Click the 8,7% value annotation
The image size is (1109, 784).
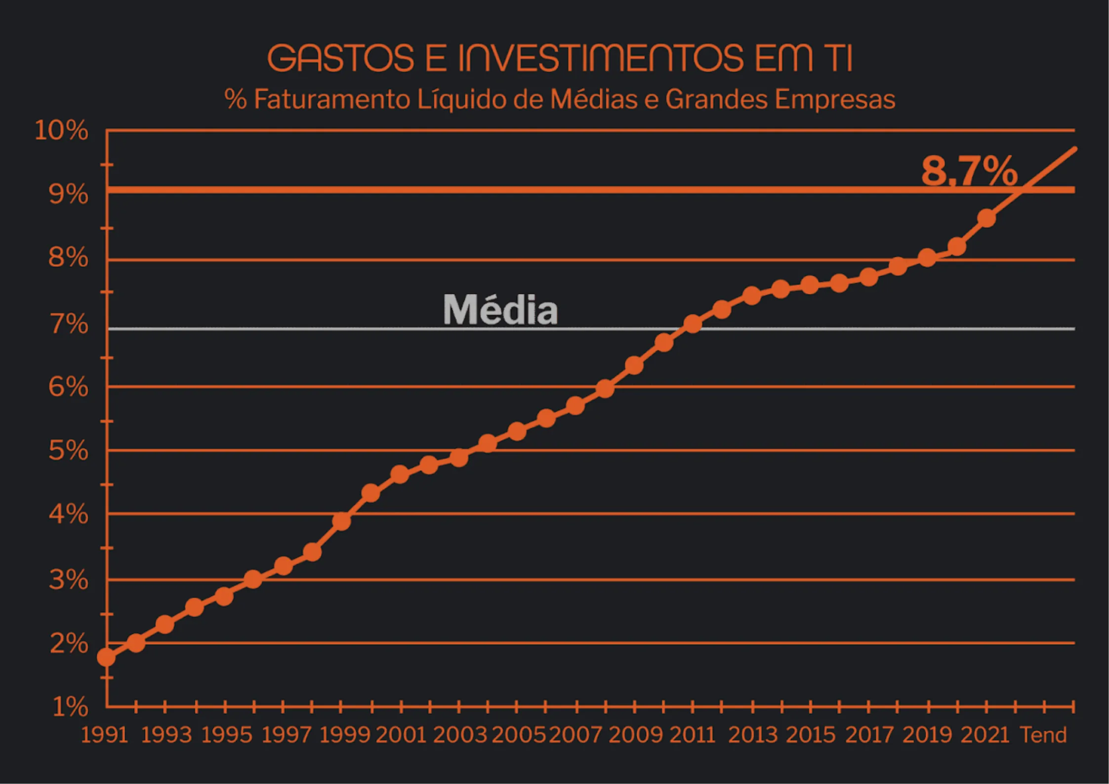969,171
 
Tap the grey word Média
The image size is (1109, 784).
500,310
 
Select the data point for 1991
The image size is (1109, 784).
106,658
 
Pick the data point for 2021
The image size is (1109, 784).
986,218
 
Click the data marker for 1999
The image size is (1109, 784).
341,521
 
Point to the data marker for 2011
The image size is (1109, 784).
693,324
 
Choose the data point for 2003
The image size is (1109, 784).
459,458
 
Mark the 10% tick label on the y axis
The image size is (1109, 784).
61,131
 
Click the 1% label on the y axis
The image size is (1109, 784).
70,707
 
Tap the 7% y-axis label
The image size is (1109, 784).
69,325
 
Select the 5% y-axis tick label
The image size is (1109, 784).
68,451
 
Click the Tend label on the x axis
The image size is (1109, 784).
1043,735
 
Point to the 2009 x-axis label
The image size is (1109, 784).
635,735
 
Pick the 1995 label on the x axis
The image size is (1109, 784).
227,735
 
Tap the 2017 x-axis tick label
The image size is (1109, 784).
869,735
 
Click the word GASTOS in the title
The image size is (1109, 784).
340,58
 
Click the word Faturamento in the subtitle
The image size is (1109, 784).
332,99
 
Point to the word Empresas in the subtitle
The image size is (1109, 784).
835,99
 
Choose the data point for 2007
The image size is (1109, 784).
575,406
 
